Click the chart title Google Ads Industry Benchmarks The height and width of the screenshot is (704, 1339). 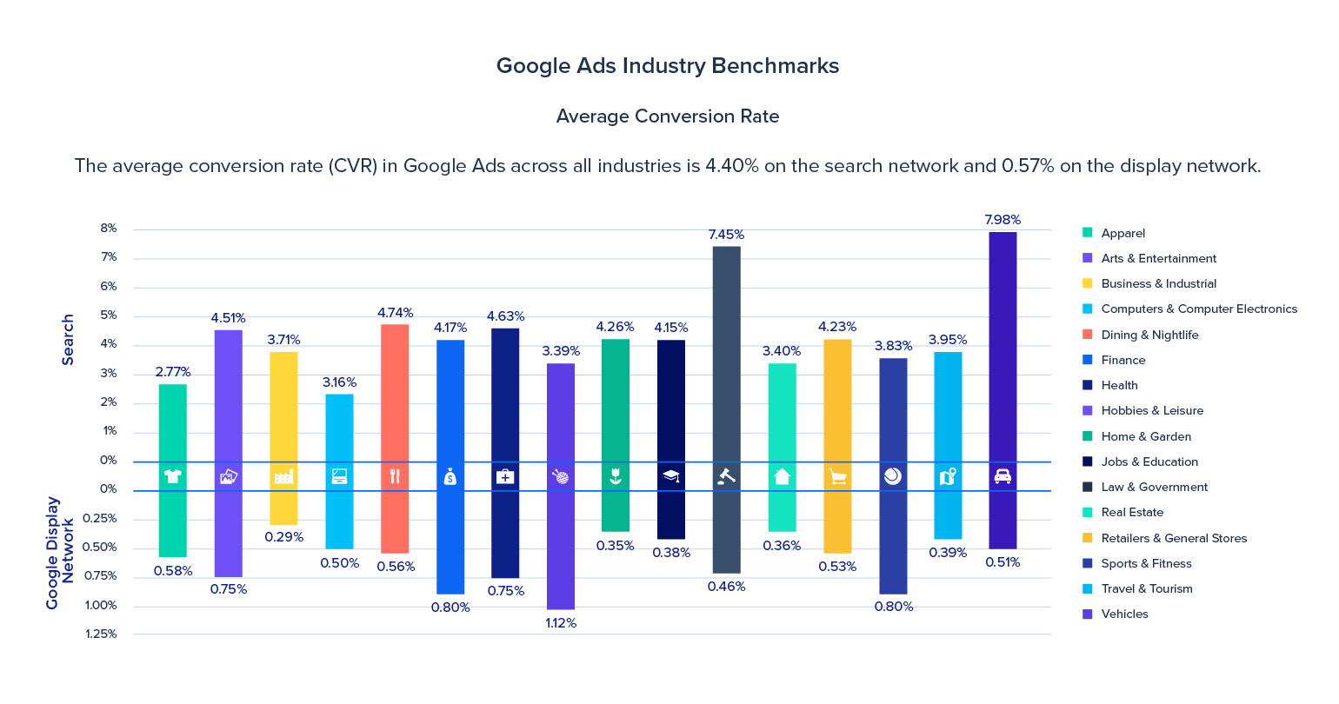click(x=667, y=66)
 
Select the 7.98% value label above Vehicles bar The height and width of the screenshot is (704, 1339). click(x=1002, y=220)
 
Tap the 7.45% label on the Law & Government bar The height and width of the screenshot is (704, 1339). click(x=726, y=235)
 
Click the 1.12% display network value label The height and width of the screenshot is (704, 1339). click(x=560, y=623)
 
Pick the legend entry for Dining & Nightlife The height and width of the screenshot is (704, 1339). click(x=1149, y=335)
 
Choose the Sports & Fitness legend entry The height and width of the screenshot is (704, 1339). click(x=1145, y=563)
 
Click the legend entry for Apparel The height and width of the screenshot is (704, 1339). click(x=1122, y=233)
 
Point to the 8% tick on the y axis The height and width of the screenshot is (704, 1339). click(x=109, y=229)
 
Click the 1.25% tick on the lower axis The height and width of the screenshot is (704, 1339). click(x=101, y=634)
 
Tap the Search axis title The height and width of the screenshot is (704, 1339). click(x=68, y=340)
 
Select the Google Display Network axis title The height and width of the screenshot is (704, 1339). click(x=60, y=553)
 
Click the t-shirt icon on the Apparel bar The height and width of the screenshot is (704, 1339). click(x=172, y=476)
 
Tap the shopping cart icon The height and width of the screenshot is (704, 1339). click(x=837, y=476)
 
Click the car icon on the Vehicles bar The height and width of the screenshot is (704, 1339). click(x=1002, y=476)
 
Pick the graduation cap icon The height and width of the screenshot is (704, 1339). click(x=670, y=476)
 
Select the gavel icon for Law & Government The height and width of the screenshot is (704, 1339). click(x=726, y=476)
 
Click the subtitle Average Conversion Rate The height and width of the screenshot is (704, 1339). click(x=667, y=116)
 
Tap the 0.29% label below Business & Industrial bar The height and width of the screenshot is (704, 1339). click(x=283, y=537)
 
